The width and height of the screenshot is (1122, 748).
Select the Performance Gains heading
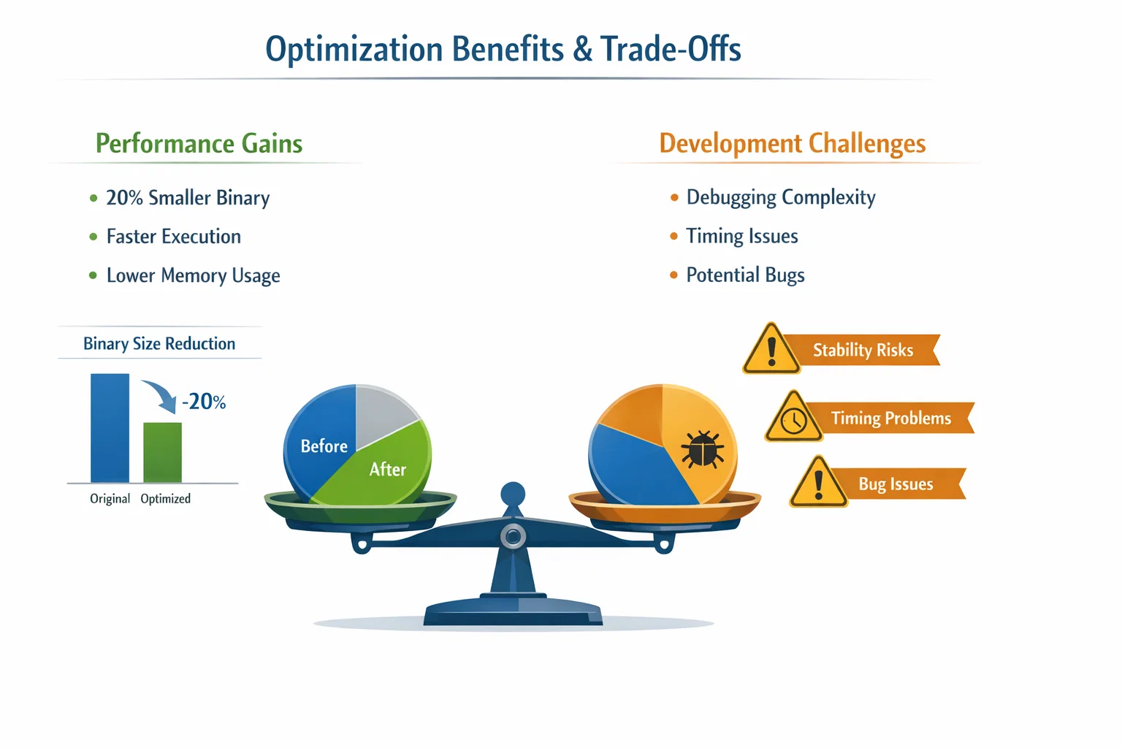[199, 143]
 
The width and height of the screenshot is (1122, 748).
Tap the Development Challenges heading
[793, 143]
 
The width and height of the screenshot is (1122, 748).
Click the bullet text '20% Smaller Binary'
[188, 198]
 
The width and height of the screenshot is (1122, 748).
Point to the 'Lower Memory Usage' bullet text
[194, 275]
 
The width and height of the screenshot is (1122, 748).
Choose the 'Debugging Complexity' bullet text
[781, 197]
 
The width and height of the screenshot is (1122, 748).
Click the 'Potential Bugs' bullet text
[745, 275]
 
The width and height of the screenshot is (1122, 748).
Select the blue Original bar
[110, 428]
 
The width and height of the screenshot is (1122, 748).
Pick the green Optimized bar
[163, 452]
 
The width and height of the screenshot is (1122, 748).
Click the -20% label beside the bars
[204, 402]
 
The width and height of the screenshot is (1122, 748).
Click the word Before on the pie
[324, 446]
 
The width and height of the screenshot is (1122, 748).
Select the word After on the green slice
[388, 470]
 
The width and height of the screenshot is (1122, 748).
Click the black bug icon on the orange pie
[702, 449]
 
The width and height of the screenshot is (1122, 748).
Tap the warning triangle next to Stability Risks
[771, 349]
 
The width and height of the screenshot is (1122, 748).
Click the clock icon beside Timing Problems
[794, 421]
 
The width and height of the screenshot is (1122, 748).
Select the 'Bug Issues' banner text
[896, 484]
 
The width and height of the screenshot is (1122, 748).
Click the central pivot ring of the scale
[513, 537]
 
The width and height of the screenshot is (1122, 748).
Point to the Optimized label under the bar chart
[165, 499]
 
